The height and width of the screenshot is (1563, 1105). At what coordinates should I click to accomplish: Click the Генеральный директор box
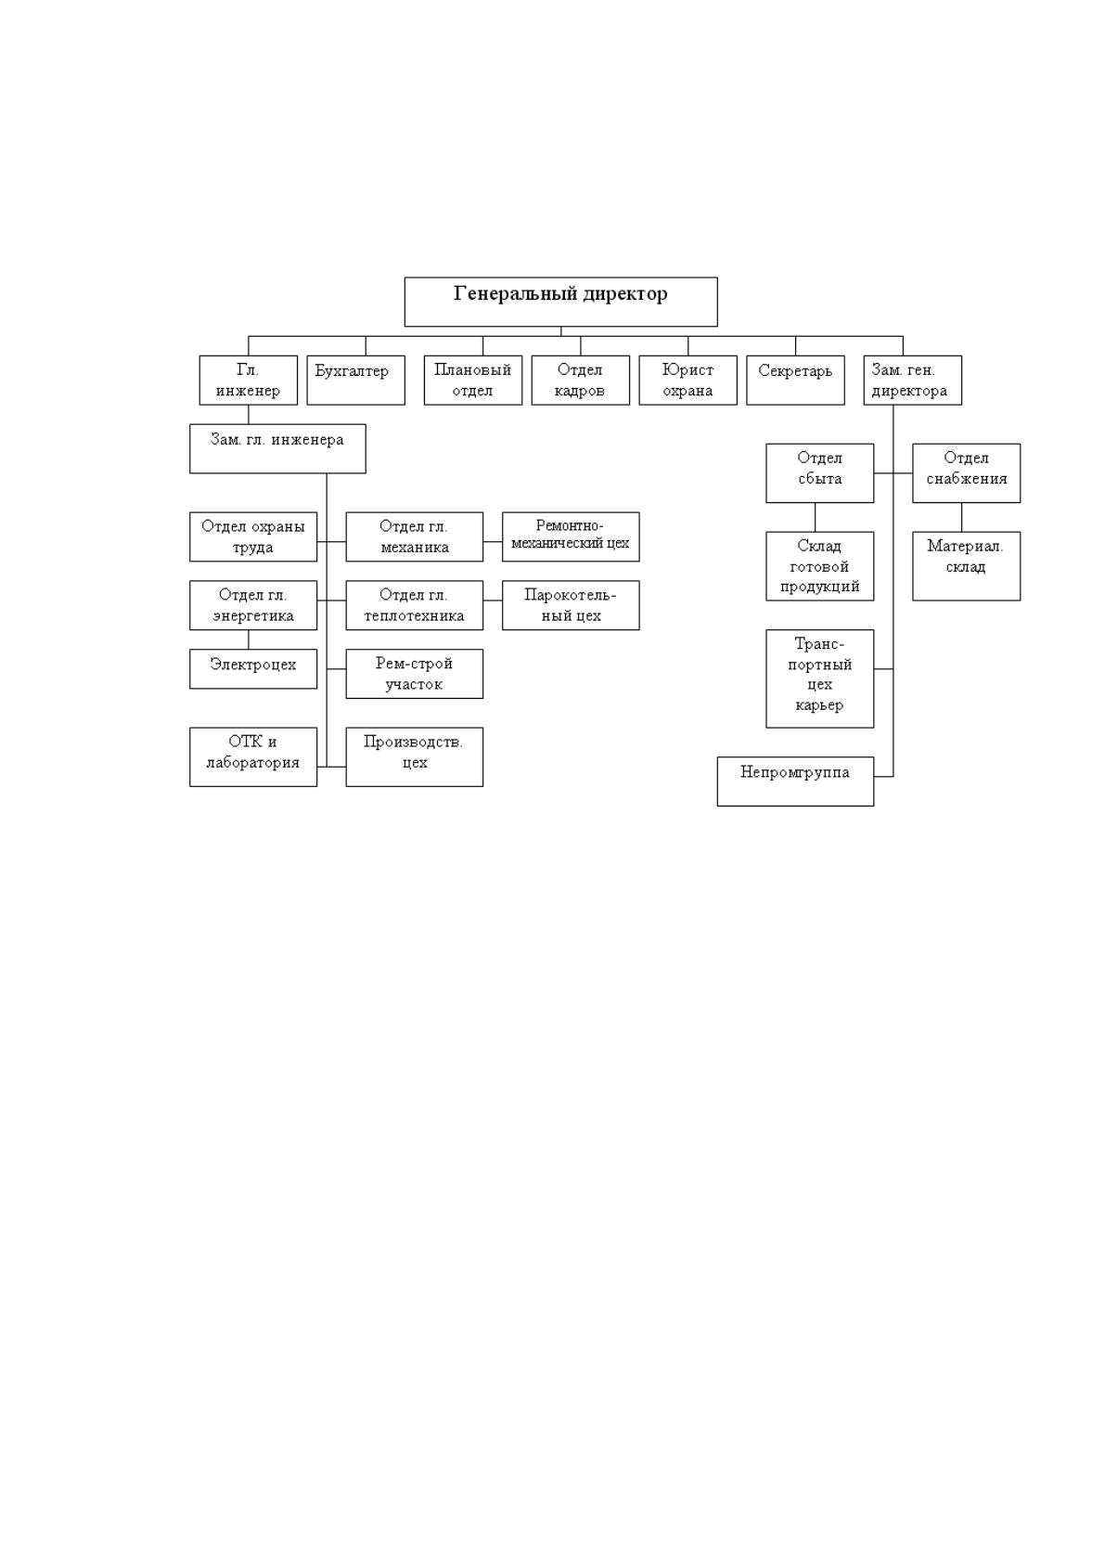(561, 302)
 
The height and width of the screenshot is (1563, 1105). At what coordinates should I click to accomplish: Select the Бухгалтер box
(355, 381)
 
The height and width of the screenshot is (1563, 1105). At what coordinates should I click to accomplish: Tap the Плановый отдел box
(473, 381)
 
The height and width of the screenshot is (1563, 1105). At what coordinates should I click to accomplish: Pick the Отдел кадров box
(581, 381)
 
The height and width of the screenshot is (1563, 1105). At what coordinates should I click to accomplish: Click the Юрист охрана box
(687, 381)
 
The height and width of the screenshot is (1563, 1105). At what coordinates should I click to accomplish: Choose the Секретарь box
(795, 381)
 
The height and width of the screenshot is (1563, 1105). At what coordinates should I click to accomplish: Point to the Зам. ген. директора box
(912, 381)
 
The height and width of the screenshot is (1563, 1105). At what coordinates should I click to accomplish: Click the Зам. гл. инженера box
(277, 448)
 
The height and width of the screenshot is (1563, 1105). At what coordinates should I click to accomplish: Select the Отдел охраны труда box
(253, 536)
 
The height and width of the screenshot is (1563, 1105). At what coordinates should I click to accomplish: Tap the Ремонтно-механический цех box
(571, 536)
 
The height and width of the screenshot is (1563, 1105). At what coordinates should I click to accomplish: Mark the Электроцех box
(253, 669)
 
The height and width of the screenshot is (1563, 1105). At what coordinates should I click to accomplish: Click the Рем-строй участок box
(415, 674)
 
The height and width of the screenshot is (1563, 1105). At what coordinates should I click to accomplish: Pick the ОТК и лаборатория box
(253, 757)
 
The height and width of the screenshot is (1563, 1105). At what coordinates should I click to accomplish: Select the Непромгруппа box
(795, 781)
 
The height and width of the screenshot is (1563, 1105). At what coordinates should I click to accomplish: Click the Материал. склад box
(966, 566)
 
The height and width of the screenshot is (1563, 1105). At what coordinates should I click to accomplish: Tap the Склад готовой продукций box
(819, 566)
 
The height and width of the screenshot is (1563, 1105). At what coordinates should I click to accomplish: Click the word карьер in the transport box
(819, 705)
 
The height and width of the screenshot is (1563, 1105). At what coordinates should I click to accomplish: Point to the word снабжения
(966, 479)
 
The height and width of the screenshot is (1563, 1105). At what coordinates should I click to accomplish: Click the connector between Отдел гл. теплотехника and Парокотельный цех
(493, 601)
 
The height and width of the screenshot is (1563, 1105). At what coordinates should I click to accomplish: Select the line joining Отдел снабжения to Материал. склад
(961, 517)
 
